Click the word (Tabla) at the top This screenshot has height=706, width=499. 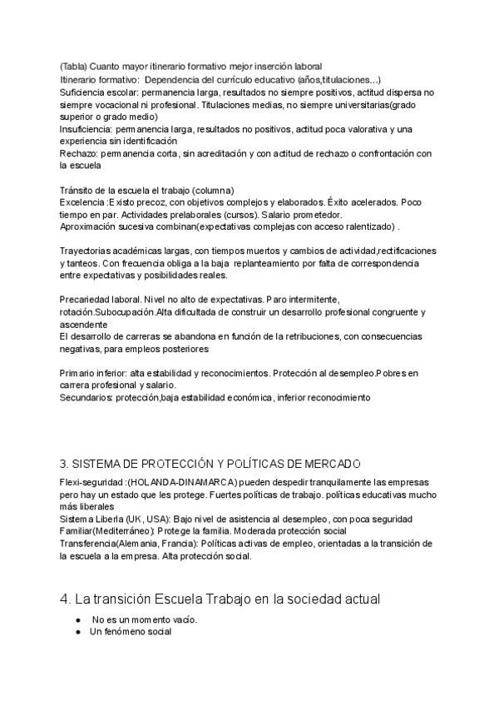(72, 66)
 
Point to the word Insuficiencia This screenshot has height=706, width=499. (88, 130)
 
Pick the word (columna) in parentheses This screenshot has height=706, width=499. (212, 190)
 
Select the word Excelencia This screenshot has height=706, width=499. (82, 202)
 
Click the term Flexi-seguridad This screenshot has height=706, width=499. (91, 483)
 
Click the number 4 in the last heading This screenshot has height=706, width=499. (65, 600)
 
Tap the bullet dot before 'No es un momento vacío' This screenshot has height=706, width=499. (77, 619)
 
